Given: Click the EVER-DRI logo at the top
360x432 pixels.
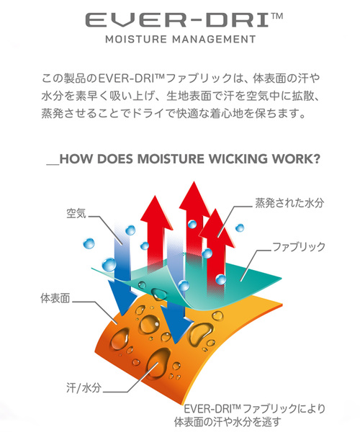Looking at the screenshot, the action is click(184, 20).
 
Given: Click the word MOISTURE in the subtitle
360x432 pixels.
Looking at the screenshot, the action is click(136, 40).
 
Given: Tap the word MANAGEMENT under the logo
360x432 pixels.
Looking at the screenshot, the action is click(214, 40).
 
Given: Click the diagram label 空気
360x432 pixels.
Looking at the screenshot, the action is click(76, 213).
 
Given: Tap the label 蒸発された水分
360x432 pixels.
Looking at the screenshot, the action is click(289, 203).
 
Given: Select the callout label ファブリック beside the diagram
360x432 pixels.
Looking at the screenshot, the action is click(299, 247).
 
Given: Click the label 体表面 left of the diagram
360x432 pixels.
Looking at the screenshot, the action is click(55, 298).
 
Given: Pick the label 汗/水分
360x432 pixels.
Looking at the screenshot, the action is click(84, 388).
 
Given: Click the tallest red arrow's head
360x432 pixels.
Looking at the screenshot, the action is click(194, 196).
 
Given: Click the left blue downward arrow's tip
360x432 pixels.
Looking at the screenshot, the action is click(122, 315).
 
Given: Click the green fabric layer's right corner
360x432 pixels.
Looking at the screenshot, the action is click(281, 279).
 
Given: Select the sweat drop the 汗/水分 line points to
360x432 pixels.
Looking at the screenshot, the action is click(158, 363).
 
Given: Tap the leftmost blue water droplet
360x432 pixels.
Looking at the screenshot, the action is click(89, 243).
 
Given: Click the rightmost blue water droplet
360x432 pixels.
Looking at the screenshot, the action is click(240, 228).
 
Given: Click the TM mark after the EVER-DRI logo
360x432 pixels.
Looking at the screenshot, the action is click(277, 16).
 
